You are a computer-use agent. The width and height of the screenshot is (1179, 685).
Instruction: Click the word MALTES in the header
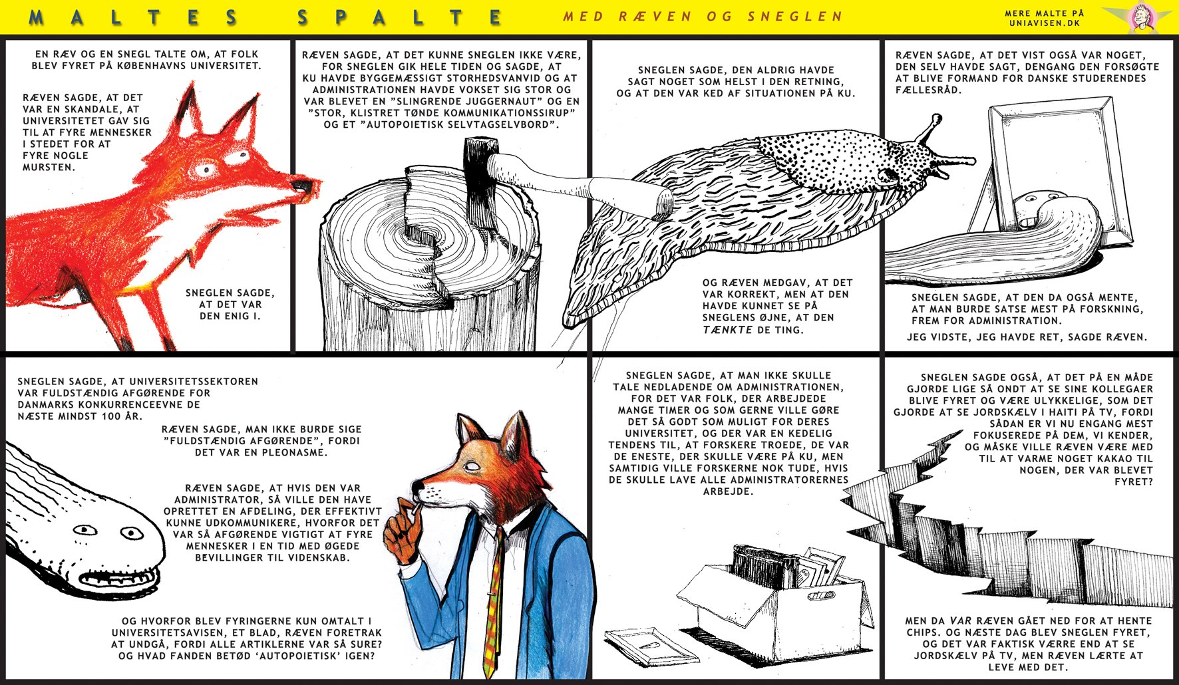point(133,17)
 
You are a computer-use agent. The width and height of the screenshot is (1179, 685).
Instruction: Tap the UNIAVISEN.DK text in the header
point(1044,23)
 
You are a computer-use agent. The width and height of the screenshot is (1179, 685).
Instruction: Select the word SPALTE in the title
point(400,17)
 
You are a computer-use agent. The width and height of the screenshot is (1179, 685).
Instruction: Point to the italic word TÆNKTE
point(728,329)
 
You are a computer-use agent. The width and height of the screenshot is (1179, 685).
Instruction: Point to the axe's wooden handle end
point(663,204)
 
